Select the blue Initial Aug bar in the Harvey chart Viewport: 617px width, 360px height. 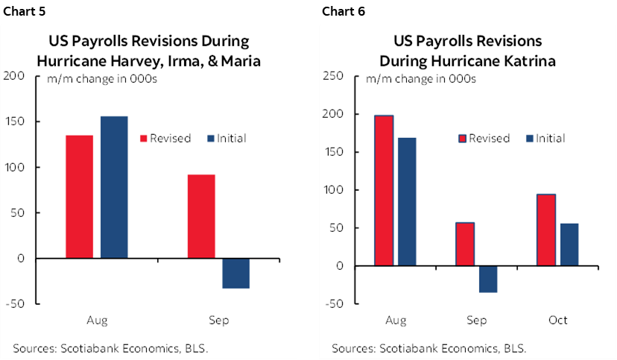coord(115,187)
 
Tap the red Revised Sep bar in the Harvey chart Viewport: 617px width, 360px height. coord(201,216)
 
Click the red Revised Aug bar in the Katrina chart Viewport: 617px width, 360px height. coord(384,190)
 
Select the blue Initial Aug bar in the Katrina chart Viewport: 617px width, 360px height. coord(406,201)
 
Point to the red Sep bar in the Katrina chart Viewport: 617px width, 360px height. coord(465,244)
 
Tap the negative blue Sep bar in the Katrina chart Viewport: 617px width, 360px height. coord(487,279)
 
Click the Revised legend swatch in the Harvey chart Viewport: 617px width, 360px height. coord(144,138)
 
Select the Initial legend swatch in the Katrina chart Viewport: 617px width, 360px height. coord(529,138)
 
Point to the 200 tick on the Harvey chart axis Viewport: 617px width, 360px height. coord(13,76)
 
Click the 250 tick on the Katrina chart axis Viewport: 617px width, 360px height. coord(332,76)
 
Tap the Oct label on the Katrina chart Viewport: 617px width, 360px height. coord(557,320)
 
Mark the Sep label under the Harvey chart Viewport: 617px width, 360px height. coord(218,320)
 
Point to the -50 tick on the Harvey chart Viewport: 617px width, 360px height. coord(15,304)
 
